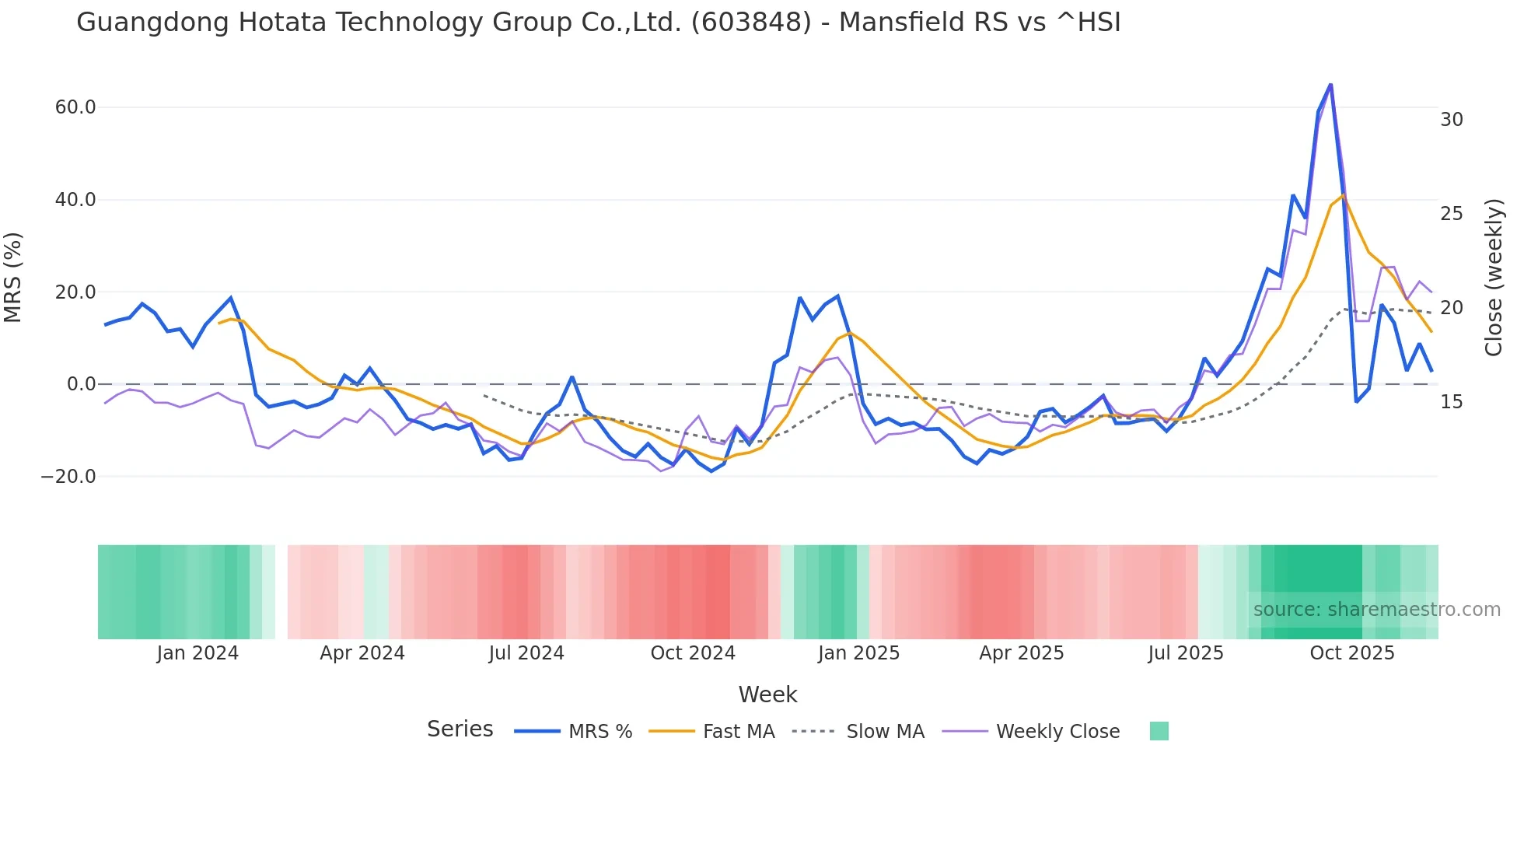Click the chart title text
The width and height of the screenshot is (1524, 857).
pyautogui.click(x=598, y=23)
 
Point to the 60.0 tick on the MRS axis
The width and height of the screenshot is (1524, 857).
pyautogui.click(x=75, y=107)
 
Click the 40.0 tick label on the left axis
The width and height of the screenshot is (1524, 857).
pyautogui.click(x=75, y=200)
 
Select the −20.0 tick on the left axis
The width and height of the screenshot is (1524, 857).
pyautogui.click(x=68, y=477)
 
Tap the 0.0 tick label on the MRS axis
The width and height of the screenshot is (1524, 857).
pyautogui.click(x=81, y=384)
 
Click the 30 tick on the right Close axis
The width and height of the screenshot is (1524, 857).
pyautogui.click(x=1451, y=120)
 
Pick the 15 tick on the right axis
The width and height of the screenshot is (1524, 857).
pyautogui.click(x=1451, y=402)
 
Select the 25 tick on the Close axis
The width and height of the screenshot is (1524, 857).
pyautogui.click(x=1451, y=214)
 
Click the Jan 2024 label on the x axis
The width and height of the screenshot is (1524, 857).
pyautogui.click(x=197, y=653)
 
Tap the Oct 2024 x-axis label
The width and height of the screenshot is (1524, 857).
pyautogui.click(x=693, y=653)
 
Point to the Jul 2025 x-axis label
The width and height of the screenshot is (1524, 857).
pyautogui.click(x=1186, y=653)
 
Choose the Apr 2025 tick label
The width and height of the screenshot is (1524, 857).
pyautogui.click(x=1021, y=653)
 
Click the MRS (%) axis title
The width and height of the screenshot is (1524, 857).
pyautogui.click(x=13, y=278)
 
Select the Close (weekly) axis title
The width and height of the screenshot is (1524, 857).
pyautogui.click(x=1494, y=278)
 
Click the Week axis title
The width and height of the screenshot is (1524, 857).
pyautogui.click(x=767, y=694)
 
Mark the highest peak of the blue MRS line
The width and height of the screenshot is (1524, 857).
pyautogui.click(x=1330, y=84)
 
